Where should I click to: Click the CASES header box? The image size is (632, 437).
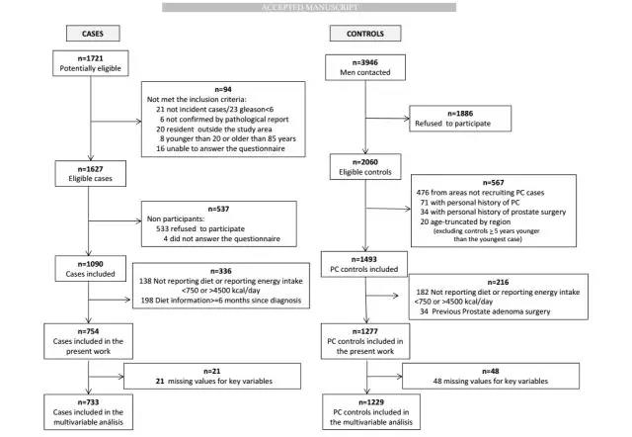click(93, 34)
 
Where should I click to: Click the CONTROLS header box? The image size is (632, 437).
click(365, 34)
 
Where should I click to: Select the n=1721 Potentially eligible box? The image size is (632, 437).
click(90, 63)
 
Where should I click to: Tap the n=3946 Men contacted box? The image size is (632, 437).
click(365, 67)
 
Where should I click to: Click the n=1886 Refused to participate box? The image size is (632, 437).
click(460, 119)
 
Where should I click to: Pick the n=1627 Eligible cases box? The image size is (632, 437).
click(90, 173)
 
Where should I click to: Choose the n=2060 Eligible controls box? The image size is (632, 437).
click(365, 167)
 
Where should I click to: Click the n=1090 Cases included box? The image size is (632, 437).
click(90, 268)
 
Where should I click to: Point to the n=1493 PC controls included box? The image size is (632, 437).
click(364, 264)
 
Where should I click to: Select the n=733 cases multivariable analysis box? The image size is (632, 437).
click(88, 412)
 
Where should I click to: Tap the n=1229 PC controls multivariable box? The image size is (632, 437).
click(371, 412)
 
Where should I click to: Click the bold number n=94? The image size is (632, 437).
click(223, 89)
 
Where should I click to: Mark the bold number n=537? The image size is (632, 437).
click(218, 209)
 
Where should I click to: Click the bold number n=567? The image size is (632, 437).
click(494, 182)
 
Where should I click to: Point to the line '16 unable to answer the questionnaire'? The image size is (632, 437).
click(220, 148)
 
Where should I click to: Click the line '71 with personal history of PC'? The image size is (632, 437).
click(470, 202)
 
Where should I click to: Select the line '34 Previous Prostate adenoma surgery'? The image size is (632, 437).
click(485, 311)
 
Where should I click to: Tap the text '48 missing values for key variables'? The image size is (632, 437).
click(491, 381)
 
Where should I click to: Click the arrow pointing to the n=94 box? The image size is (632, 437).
click(117, 121)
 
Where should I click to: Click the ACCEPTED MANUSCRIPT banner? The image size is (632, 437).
click(309, 7)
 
